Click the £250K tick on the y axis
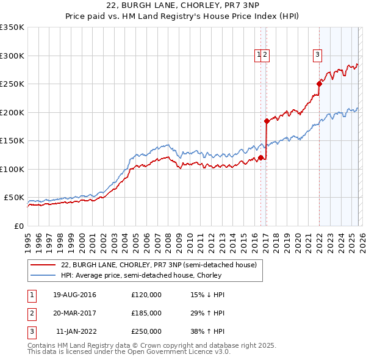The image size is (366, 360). tap(12, 84)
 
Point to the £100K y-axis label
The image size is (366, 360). tap(12, 169)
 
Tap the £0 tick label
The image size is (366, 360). tap(18, 226)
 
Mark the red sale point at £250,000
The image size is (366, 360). tap(319, 84)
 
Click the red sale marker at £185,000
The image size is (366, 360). tap(267, 121)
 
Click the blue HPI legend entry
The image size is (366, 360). tap(152, 275)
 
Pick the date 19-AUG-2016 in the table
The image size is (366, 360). tap(74, 295)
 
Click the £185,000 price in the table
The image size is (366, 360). tap(146, 313)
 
